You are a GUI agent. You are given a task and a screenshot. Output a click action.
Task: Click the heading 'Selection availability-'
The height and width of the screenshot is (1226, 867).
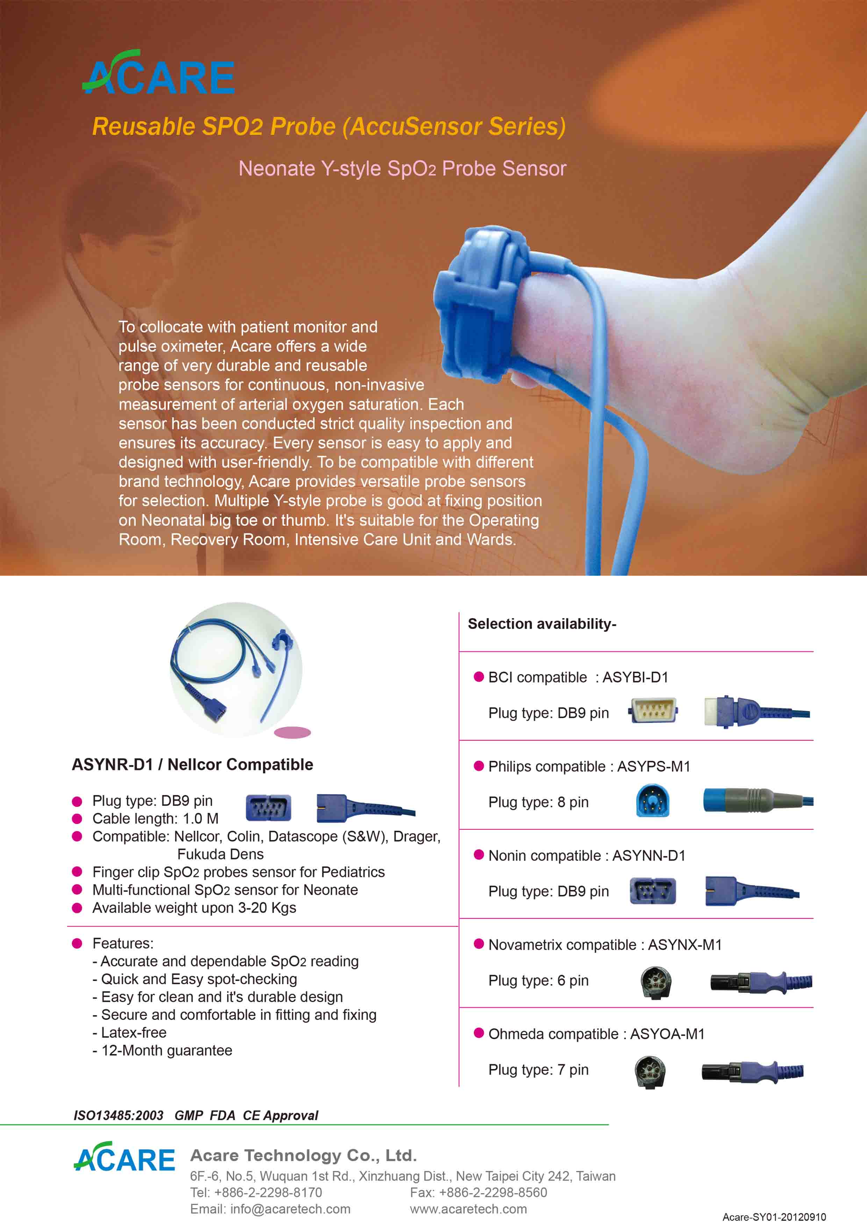click(542, 624)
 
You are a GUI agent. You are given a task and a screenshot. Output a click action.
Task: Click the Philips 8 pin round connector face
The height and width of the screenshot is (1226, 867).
click(652, 800)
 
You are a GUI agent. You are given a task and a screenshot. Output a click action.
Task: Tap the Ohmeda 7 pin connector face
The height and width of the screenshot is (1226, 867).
click(650, 1072)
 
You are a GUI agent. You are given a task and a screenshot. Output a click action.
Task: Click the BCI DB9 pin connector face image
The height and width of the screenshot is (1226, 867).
click(653, 711)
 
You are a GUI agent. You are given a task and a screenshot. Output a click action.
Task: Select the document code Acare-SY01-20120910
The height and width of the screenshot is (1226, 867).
click(774, 1217)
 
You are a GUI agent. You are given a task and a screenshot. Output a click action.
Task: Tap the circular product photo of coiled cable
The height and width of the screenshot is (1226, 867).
click(236, 670)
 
